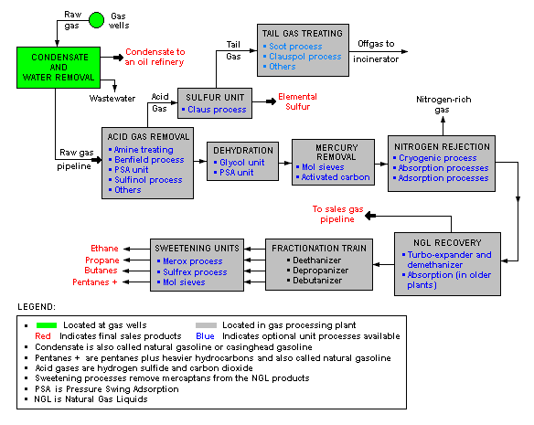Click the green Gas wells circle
[x=96, y=17]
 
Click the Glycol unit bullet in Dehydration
[x=242, y=161]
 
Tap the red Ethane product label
[x=104, y=248]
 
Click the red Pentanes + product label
[x=97, y=282]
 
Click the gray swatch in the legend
[x=211, y=324]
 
